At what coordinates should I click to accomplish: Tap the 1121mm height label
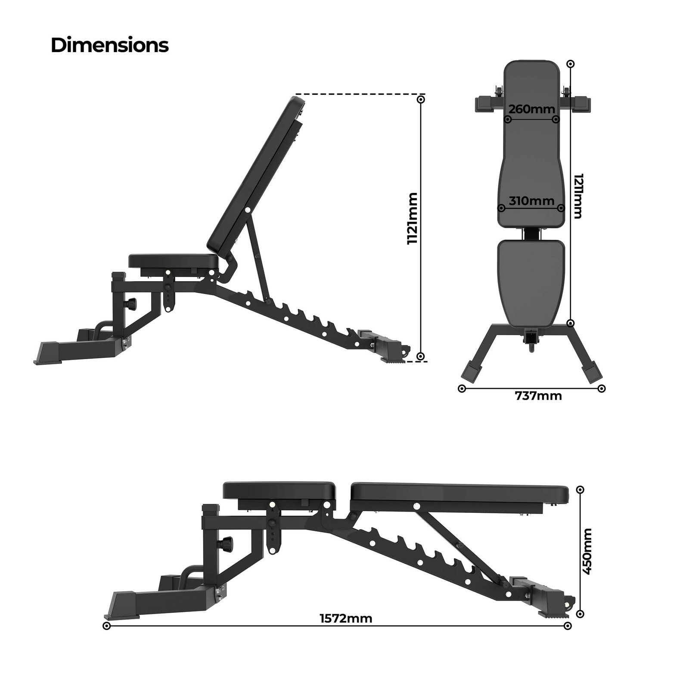413,218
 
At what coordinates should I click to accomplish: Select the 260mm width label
531,109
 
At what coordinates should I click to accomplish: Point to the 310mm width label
531,201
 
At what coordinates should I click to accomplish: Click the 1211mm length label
578,196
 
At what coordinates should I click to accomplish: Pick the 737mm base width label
538,396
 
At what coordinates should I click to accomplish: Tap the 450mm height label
587,551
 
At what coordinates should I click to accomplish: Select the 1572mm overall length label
346,618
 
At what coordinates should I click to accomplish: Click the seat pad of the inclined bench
172,261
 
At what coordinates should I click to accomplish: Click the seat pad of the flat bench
279,490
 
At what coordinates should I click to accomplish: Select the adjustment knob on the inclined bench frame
130,304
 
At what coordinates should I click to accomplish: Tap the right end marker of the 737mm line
602,388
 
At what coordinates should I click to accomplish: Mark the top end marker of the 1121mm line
421,99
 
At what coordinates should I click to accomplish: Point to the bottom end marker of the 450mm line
580,614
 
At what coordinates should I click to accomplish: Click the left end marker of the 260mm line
508,119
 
